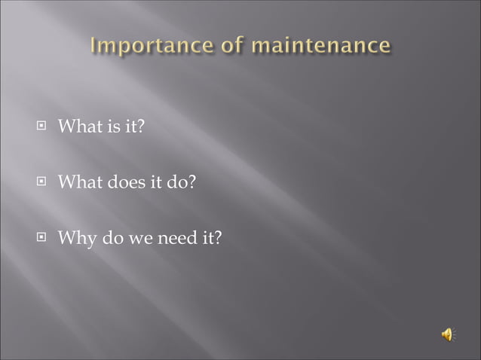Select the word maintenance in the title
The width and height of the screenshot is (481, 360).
322,47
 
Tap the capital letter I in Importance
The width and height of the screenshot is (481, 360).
94,47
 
